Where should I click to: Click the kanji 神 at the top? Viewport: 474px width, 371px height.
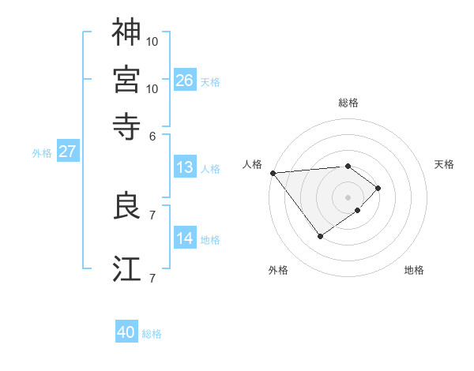pos(126,32)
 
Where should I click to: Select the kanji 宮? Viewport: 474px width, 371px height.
pos(126,79)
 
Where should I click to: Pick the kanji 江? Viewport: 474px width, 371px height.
pos(126,268)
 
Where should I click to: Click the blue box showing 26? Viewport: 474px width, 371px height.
pos(185,80)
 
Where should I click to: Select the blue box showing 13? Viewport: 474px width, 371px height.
pos(185,167)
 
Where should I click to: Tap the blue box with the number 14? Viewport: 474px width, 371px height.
pos(185,238)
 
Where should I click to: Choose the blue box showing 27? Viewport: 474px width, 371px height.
pos(67,152)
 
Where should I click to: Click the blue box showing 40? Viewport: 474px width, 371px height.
pos(126,332)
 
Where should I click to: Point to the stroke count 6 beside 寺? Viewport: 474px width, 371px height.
pos(152,135)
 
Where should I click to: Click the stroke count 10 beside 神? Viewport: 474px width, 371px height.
pos(152,40)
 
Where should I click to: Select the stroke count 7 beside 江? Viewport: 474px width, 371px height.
pos(152,277)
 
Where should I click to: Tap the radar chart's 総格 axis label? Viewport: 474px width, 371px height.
pos(348,103)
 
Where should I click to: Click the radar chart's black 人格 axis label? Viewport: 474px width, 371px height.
pos(253,164)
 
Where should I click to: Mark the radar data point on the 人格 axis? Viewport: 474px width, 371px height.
pos(273,172)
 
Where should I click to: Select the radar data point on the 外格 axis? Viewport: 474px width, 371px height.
pos(320,236)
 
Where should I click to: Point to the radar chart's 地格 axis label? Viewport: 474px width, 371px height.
pos(414,270)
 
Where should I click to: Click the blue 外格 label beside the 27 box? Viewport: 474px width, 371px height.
pos(42,153)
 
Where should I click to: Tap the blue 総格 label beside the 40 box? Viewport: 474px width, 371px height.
pos(152,334)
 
